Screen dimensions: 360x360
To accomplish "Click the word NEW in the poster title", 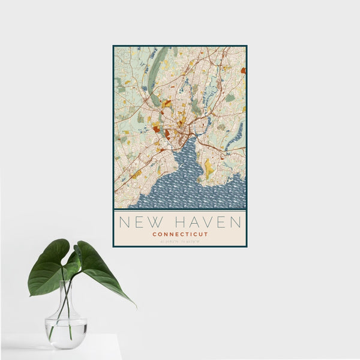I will point(136,223).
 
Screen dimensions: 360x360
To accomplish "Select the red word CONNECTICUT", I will point(180,234).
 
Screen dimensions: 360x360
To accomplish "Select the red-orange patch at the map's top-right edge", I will point(243,70).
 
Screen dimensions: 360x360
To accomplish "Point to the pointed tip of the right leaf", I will point(134,305).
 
